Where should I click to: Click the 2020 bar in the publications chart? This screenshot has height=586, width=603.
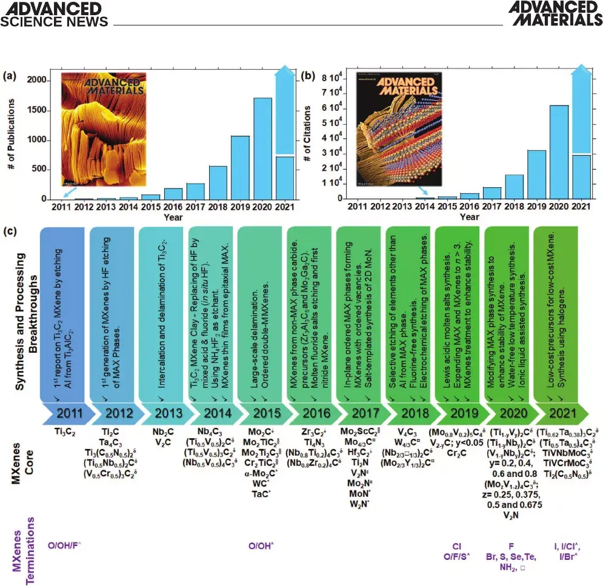coord(262,148)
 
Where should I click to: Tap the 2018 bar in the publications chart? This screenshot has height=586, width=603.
coord(218,182)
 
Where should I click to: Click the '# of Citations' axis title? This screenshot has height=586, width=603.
coord(310,136)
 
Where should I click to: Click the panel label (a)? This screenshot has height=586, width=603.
coord(9,76)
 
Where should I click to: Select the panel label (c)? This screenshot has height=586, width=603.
coord(9,231)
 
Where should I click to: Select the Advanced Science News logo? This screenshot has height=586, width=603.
coord(55,14)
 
